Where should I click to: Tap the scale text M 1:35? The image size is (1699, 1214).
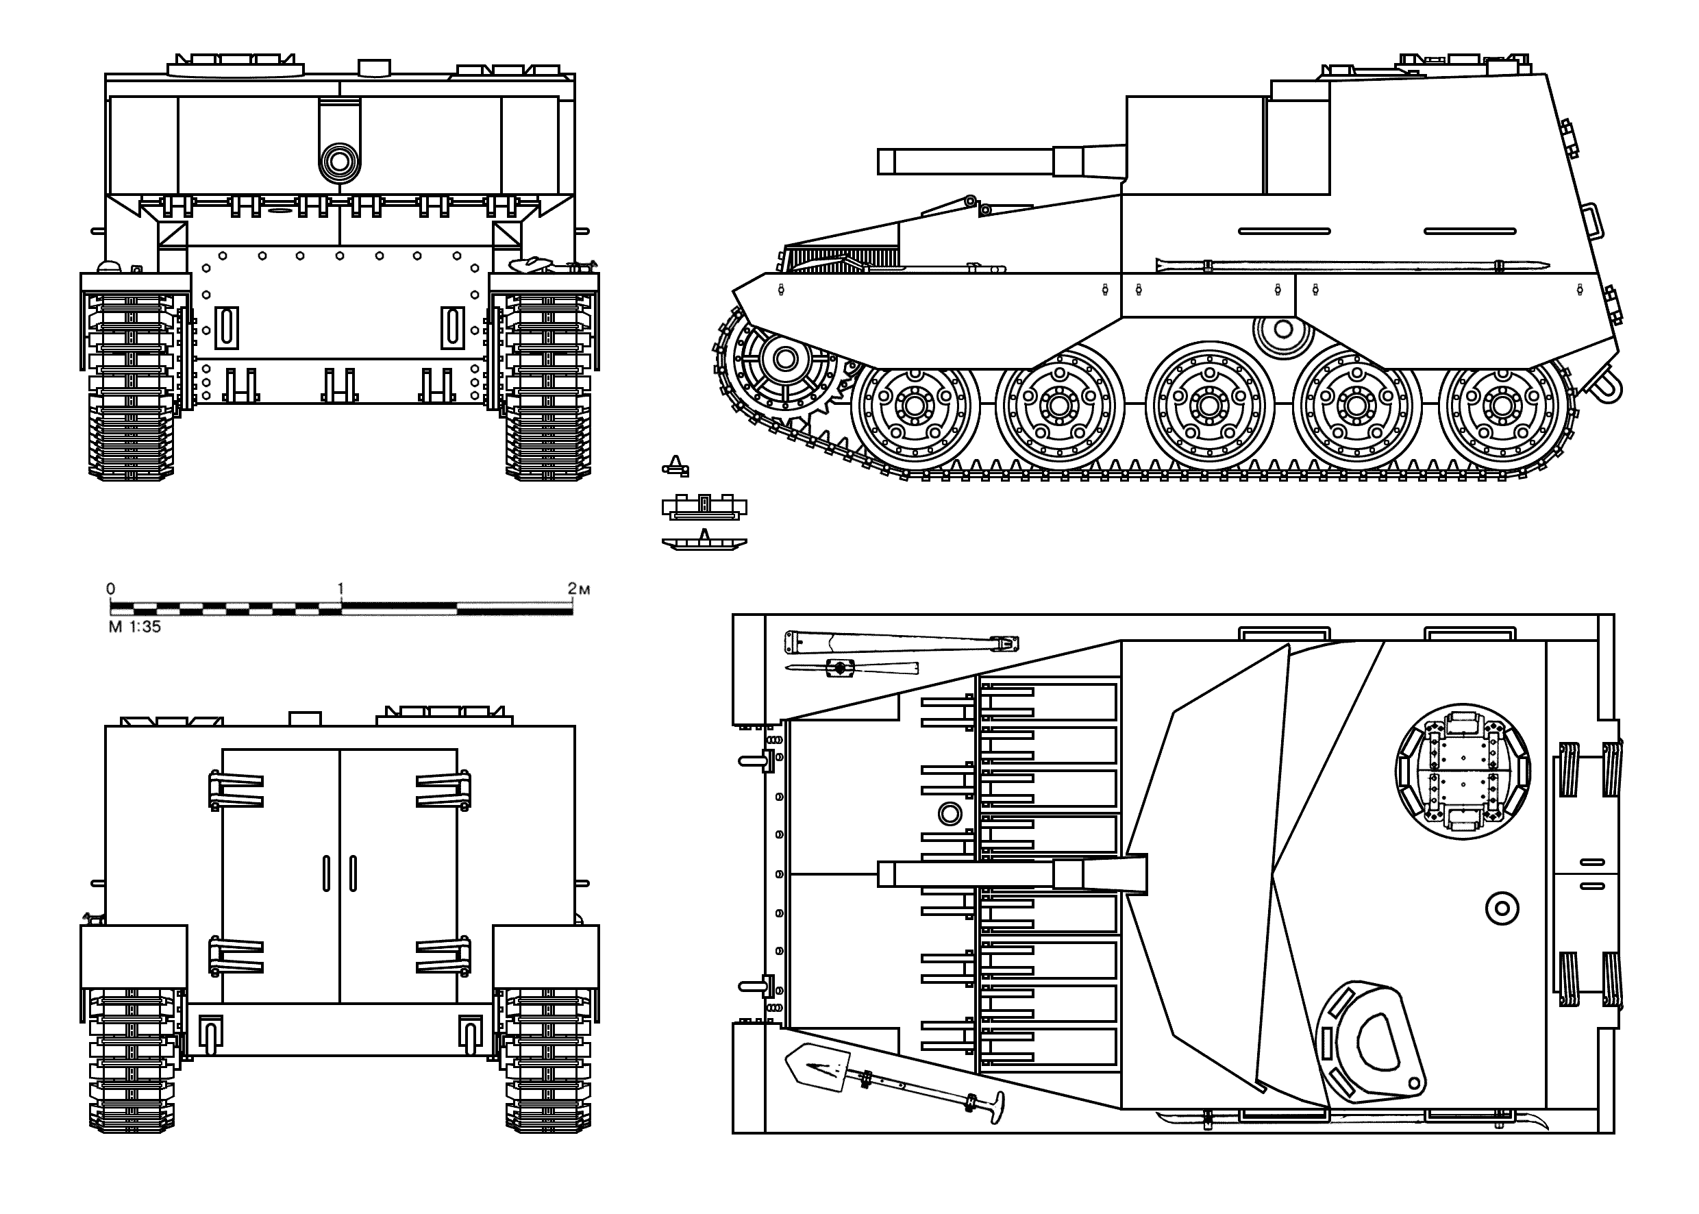[x=134, y=627]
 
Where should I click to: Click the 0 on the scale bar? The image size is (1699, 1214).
[x=110, y=589]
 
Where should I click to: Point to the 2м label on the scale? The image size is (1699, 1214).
[x=578, y=589]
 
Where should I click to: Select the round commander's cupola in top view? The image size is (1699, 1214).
[x=1463, y=771]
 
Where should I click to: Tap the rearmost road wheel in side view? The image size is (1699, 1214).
[x=1502, y=406]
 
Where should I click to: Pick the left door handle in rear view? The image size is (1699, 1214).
[x=326, y=873]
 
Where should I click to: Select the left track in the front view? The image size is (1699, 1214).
[x=132, y=385]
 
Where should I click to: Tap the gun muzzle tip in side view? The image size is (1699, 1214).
[x=886, y=162]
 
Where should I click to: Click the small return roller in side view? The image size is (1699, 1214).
[x=1283, y=329]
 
